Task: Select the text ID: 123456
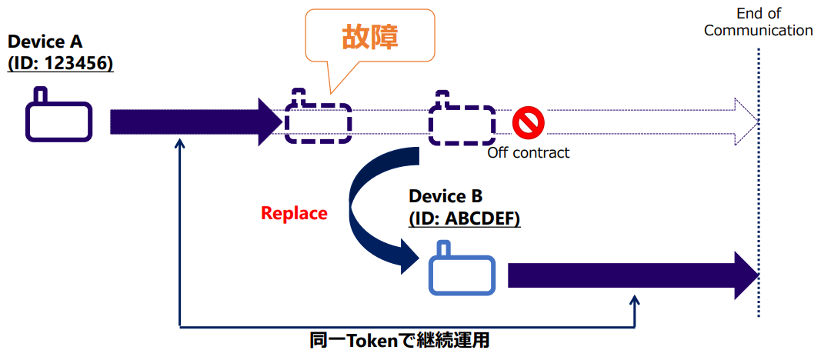(x=61, y=64)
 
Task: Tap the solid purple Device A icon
(x=59, y=120)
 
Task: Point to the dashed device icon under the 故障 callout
(x=318, y=122)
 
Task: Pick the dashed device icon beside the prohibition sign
(x=462, y=122)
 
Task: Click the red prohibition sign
(x=529, y=122)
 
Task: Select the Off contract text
(x=529, y=152)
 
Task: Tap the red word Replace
(x=294, y=213)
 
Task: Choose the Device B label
(x=446, y=196)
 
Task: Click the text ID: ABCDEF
(x=464, y=218)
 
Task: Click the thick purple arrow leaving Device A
(x=192, y=122)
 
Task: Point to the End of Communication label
(x=758, y=22)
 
